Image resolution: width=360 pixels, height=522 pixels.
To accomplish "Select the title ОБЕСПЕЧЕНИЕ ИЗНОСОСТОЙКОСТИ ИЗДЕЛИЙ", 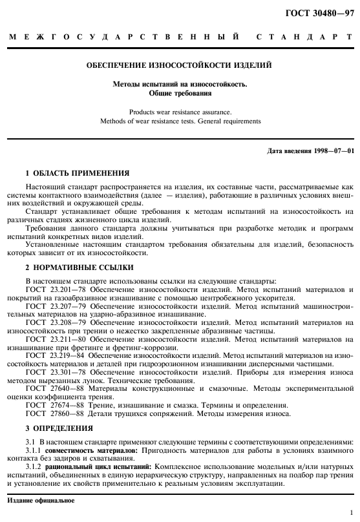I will [180, 65].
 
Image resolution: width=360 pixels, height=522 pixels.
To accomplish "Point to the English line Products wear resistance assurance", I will [180, 111].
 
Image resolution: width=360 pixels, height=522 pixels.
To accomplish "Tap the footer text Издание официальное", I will [41, 501].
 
